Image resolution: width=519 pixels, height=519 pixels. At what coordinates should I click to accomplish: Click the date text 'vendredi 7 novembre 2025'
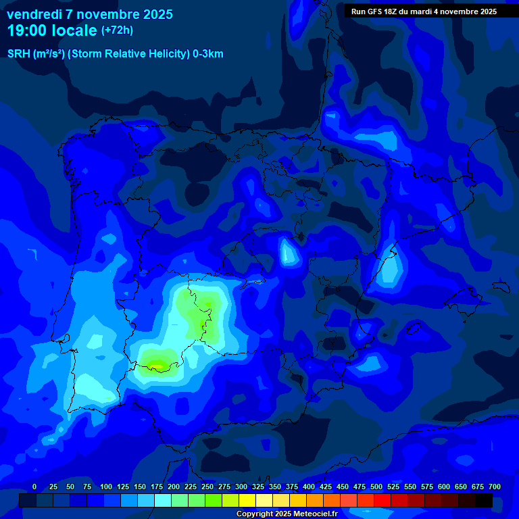tap(89, 14)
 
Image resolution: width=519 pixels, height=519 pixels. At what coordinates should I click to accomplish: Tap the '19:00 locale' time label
tap(52, 30)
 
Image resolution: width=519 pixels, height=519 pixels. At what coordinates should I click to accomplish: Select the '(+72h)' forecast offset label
tap(117, 30)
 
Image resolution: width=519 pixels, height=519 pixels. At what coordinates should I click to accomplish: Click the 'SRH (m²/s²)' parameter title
tap(36, 54)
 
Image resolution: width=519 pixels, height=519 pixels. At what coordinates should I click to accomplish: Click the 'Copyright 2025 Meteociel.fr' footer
tap(297, 514)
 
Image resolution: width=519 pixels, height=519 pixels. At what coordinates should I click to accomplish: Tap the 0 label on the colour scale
tap(34, 487)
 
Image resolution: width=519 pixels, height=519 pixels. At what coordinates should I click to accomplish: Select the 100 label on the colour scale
tap(106, 487)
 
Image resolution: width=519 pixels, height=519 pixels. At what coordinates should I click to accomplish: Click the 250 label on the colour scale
tap(207, 487)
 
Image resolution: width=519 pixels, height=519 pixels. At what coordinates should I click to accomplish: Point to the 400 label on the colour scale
tap(309, 487)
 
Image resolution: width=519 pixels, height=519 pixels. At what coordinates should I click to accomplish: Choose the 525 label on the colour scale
tap(393, 487)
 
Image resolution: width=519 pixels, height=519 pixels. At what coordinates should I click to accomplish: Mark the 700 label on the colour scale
tap(495, 487)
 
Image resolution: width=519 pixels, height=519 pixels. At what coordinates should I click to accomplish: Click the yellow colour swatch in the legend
tap(247, 500)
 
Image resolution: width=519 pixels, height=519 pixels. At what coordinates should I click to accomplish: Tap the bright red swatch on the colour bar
tap(382, 500)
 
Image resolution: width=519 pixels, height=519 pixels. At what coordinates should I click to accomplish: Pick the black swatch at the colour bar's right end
tap(484, 500)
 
